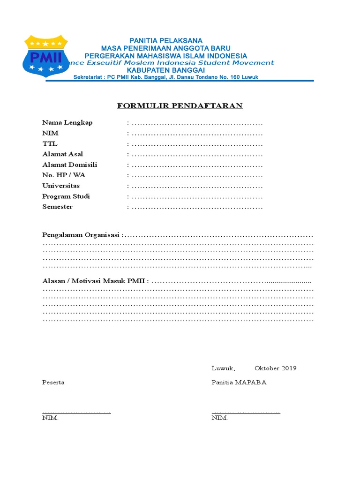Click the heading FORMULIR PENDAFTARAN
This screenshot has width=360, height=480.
pyautogui.click(x=180, y=105)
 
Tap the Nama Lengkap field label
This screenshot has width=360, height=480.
pyautogui.click(x=67, y=122)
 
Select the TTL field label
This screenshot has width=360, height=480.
pyautogui.click(x=50, y=143)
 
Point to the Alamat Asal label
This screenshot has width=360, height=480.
pyautogui.click(x=63, y=154)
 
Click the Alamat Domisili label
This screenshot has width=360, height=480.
pyautogui.click(x=70, y=165)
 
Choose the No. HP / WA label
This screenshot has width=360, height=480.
pyautogui.click(x=64, y=175)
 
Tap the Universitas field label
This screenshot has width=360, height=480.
pyautogui.click(x=61, y=186)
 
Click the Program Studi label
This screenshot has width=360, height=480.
pyautogui.click(x=66, y=196)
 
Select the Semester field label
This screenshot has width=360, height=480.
pyautogui.click(x=58, y=207)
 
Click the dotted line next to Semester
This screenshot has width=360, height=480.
pyautogui.click(x=197, y=207)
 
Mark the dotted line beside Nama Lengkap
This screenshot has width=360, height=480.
pyautogui.click(x=197, y=123)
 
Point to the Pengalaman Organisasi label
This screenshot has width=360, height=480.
pyautogui.click(x=82, y=234)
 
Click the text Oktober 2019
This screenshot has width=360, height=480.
pyautogui.click(x=276, y=368)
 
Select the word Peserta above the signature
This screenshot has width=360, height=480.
pyautogui.click(x=53, y=382)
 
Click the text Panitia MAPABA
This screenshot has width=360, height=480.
pyautogui.click(x=239, y=382)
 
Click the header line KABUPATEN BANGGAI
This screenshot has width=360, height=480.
pyautogui.click(x=166, y=70)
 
